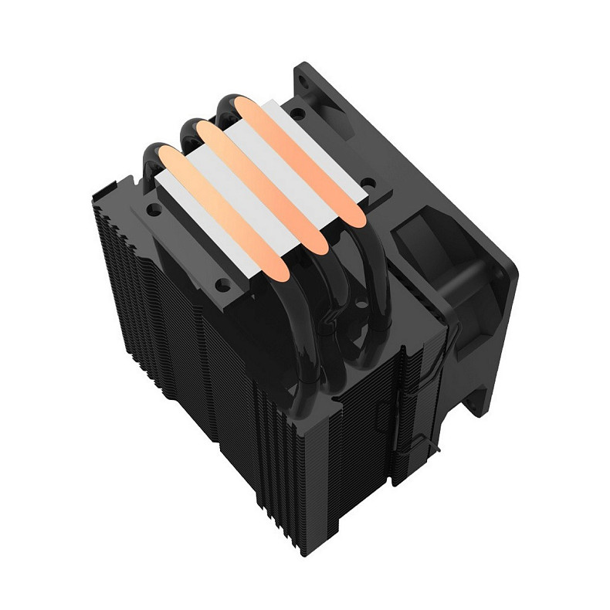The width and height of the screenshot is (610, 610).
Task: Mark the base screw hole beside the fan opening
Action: (x=368, y=184)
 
